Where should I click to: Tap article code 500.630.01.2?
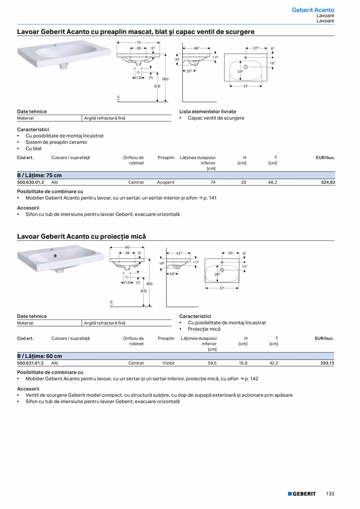(31, 182)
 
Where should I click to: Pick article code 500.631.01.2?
(31, 363)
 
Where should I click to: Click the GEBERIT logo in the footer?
(302, 494)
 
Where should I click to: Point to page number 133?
(330, 494)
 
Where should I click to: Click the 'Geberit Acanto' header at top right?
(313, 10)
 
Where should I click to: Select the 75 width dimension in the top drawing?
(139, 42)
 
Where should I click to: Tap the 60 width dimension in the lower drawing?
(127, 247)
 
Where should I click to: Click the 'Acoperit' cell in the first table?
(166, 182)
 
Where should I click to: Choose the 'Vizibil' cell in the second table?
(168, 363)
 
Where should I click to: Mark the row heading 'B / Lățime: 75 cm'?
(40, 175)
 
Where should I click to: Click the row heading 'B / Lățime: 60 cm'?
(40, 356)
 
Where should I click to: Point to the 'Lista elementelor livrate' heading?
(208, 112)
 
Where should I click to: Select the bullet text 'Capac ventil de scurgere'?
(216, 118)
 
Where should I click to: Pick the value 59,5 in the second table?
(212, 363)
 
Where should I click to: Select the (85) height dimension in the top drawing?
(165, 79)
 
